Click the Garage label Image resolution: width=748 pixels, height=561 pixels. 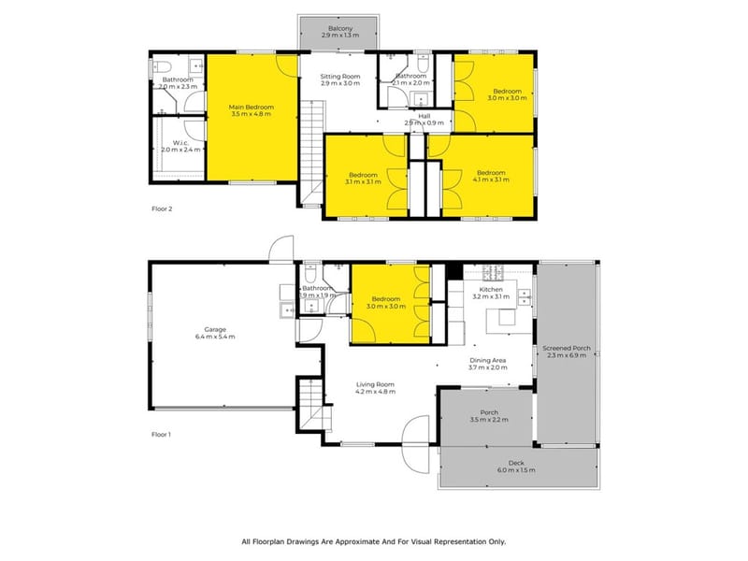coord(216,332)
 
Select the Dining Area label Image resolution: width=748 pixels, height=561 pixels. coord(487,363)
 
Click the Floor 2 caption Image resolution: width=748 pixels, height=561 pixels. coord(162,209)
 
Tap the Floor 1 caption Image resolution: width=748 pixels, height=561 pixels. coord(162,435)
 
